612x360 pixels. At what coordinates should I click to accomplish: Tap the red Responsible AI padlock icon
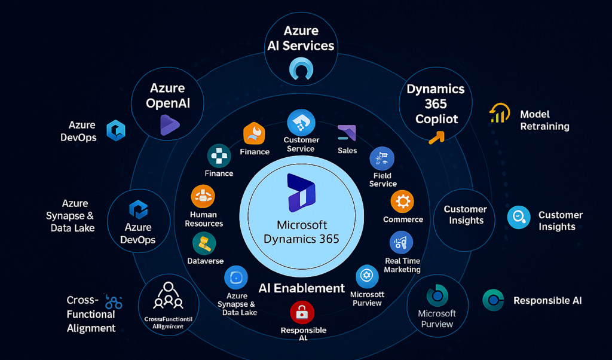coord(302,313)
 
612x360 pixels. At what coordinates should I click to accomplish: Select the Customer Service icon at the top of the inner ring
coord(301,122)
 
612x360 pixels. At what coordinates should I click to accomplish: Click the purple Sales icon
coord(347,133)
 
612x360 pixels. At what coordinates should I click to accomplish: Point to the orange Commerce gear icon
coord(402,202)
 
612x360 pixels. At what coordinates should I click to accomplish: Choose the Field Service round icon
coord(382,158)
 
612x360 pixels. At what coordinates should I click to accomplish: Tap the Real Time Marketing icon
coord(401,243)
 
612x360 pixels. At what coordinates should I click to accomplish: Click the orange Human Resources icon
coord(203,196)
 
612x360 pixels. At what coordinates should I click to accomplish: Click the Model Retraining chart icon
coord(499,113)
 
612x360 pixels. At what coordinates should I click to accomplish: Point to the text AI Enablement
coord(302,288)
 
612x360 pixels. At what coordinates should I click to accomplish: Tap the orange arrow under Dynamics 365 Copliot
coord(437,138)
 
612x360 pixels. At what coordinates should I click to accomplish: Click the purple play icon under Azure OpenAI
coord(169,124)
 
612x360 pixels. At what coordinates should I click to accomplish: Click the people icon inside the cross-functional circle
coord(168,294)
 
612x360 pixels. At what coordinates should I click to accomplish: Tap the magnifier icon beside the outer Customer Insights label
coord(518,218)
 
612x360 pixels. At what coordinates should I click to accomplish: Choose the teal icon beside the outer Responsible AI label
coord(494,300)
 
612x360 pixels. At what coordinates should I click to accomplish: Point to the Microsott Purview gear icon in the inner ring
coord(366,277)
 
